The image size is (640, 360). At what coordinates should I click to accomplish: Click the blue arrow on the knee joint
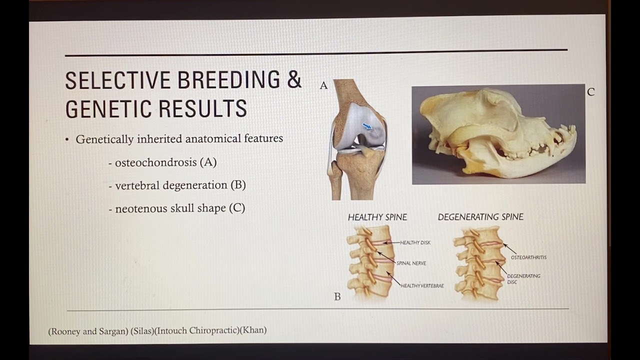[x=367, y=127]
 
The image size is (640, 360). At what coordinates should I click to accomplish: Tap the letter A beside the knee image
[x=323, y=86]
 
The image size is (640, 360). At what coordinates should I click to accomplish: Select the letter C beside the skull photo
[x=591, y=92]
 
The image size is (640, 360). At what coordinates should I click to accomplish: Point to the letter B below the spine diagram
[x=337, y=297]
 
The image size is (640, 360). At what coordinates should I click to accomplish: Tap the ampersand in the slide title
[x=294, y=80]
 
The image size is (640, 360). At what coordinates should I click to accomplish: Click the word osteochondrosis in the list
[x=156, y=162]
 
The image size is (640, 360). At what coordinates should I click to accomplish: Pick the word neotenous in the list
[x=142, y=208]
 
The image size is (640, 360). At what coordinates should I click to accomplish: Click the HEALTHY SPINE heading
[x=377, y=217]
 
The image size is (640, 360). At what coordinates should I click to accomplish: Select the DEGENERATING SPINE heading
[x=480, y=217]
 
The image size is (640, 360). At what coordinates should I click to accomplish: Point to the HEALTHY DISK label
[x=415, y=242]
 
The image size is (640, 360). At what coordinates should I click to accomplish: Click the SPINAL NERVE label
[x=411, y=263]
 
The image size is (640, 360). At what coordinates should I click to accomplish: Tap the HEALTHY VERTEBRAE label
[x=422, y=286]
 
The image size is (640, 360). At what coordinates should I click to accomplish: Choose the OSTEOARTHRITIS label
[x=528, y=257]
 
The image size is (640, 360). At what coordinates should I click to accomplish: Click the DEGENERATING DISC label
[x=523, y=278]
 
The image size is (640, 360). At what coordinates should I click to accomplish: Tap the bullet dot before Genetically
[x=67, y=139]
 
